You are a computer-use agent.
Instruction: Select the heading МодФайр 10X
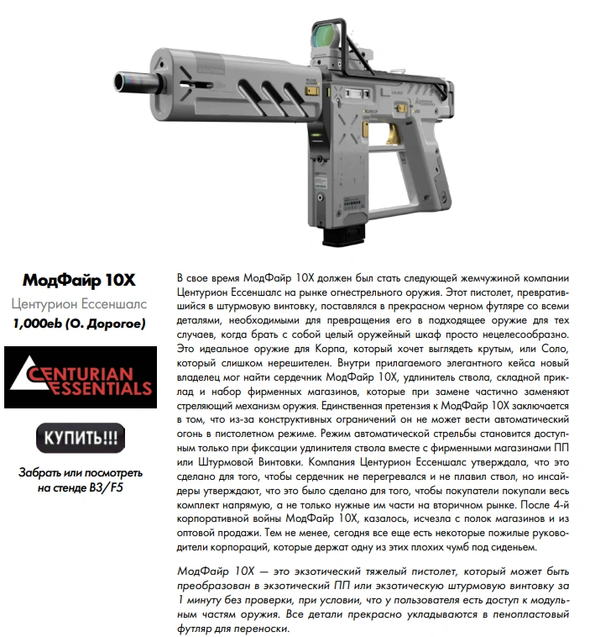79,279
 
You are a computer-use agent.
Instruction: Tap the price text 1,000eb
40,322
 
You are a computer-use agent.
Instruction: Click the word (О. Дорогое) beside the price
106,322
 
